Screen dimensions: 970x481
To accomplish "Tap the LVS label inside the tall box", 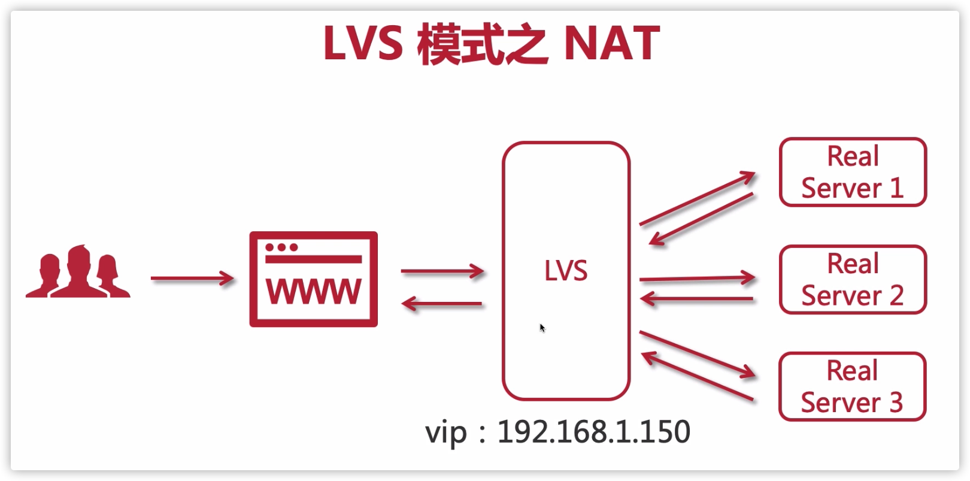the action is pos(566,271).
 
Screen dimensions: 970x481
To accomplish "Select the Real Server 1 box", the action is pos(853,173).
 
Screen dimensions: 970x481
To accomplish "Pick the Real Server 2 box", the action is pos(853,280).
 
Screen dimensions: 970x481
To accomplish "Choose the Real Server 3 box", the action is pos(853,387).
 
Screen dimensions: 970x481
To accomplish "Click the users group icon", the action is pos(78,273).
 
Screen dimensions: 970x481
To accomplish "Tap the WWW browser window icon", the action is pos(313,279).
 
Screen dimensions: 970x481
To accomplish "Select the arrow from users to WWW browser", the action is pos(192,279).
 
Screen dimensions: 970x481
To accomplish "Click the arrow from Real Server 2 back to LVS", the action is pos(697,298).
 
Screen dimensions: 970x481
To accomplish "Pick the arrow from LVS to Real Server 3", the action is pos(698,354).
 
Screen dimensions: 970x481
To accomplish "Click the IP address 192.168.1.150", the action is pos(593,432).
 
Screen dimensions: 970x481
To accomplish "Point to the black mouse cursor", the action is pos(542,327).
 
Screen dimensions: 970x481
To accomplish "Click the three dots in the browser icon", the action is pos(281,247).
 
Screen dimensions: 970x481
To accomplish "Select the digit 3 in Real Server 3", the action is pos(895,403).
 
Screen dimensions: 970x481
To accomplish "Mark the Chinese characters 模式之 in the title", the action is pos(482,44).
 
